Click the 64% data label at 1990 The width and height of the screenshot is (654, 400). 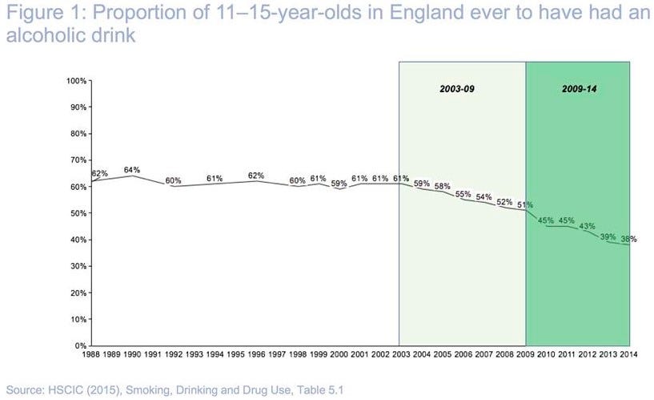pyautogui.click(x=132, y=170)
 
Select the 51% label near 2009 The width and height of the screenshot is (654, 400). pyautogui.click(x=524, y=204)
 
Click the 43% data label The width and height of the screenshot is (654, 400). pyautogui.click(x=588, y=225)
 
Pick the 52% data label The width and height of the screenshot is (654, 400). pyautogui.click(x=504, y=202)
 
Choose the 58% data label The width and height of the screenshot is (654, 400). pyautogui.click(x=443, y=187)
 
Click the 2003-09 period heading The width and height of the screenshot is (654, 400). pyautogui.click(x=457, y=88)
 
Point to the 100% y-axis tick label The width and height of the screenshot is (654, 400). pyautogui.click(x=77, y=81)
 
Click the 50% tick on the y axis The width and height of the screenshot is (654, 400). pyautogui.click(x=79, y=213)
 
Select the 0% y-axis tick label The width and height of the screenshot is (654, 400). pyautogui.click(x=82, y=345)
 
